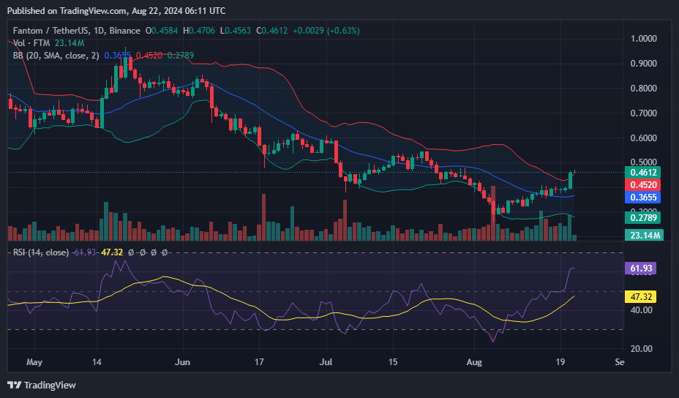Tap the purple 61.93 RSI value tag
642,269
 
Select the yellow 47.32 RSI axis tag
642,297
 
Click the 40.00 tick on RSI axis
642,310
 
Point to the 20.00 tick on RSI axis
642,349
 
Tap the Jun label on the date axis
183,362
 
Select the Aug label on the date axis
474,362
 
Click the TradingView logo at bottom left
42,385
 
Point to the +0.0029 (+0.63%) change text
326,31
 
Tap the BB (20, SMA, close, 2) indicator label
55,55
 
